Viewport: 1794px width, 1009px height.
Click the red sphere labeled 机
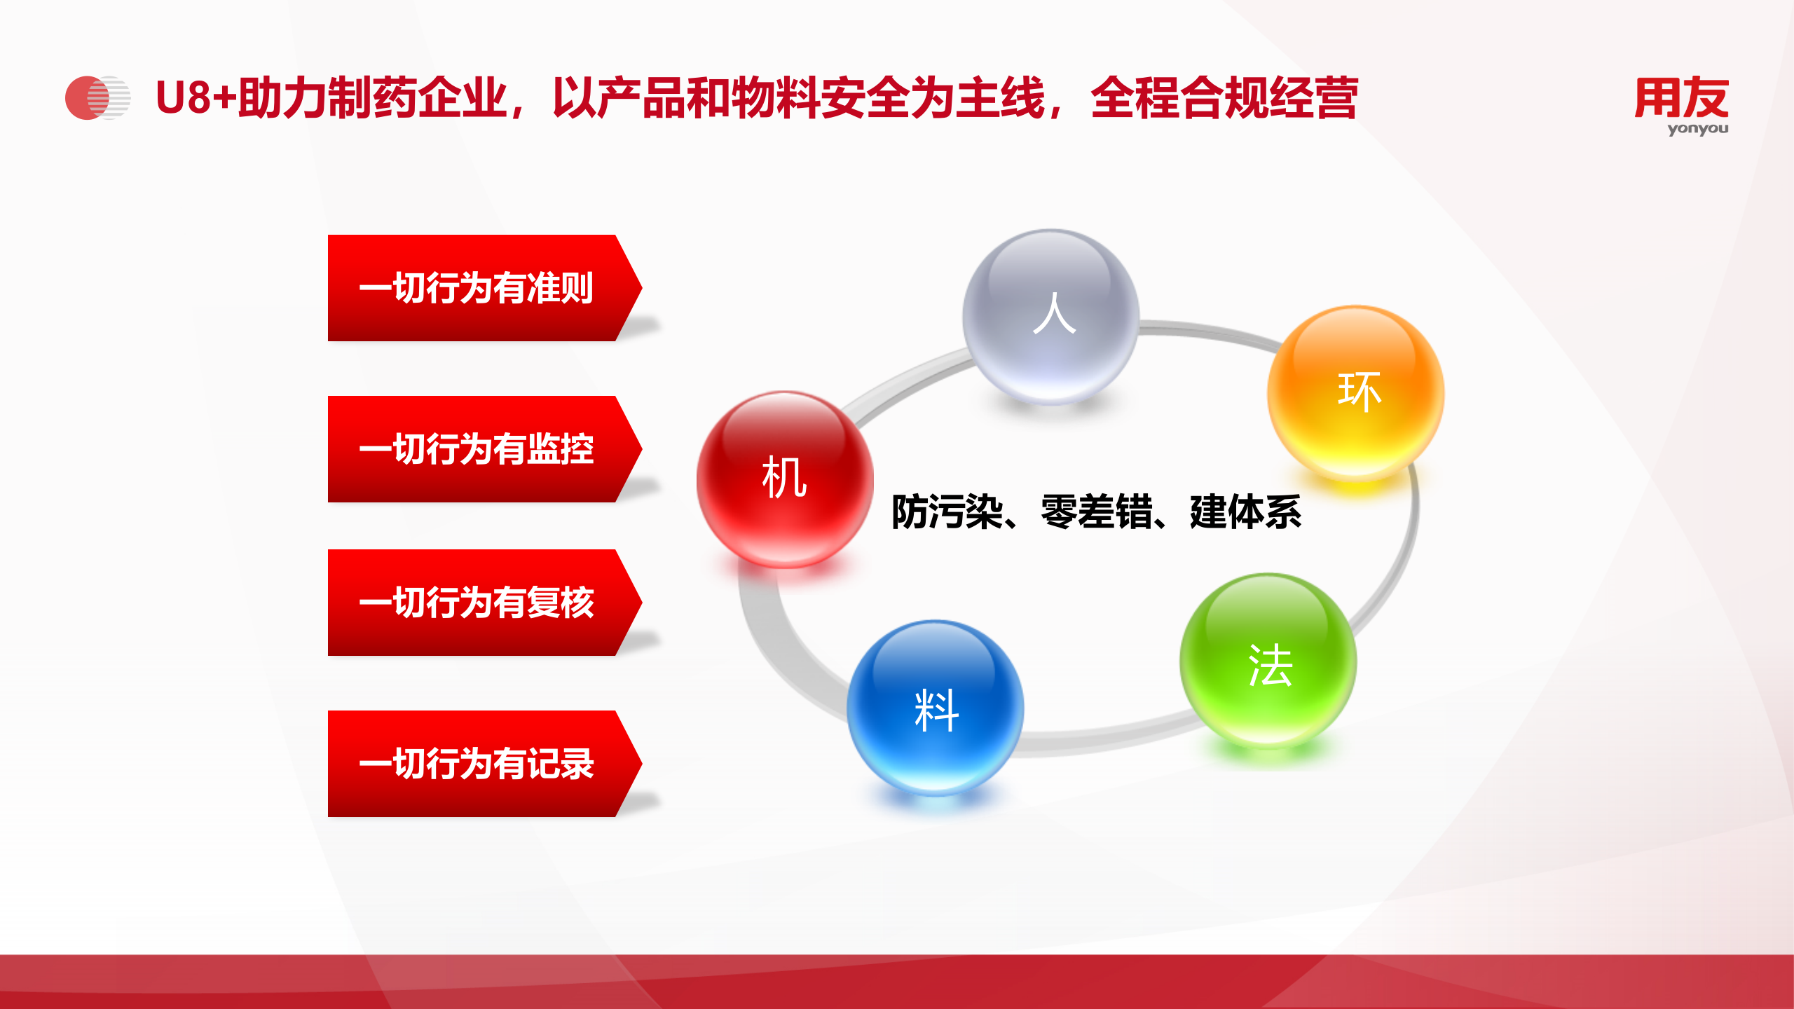pos(785,479)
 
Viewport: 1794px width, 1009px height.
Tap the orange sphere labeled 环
pos(1355,392)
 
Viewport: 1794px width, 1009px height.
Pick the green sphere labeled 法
pos(1268,661)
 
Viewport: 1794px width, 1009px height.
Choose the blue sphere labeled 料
pos(936,708)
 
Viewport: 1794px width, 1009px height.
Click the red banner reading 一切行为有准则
pos(477,288)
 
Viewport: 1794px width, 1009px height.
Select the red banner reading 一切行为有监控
pos(477,449)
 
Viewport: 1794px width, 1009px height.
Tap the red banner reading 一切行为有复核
pos(477,603)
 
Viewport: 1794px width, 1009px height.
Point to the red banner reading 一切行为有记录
pos(477,764)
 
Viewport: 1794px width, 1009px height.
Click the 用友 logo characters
pos(1681,98)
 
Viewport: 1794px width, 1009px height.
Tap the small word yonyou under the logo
pos(1697,129)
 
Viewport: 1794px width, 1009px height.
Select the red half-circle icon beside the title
pos(86,98)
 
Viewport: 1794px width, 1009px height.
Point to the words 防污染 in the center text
pos(947,512)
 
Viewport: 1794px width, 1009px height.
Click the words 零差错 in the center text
pos(1096,512)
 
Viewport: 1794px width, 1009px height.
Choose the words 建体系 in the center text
pos(1245,512)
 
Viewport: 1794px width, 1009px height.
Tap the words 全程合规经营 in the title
pos(1224,97)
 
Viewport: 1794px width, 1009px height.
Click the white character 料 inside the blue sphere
pos(936,711)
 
